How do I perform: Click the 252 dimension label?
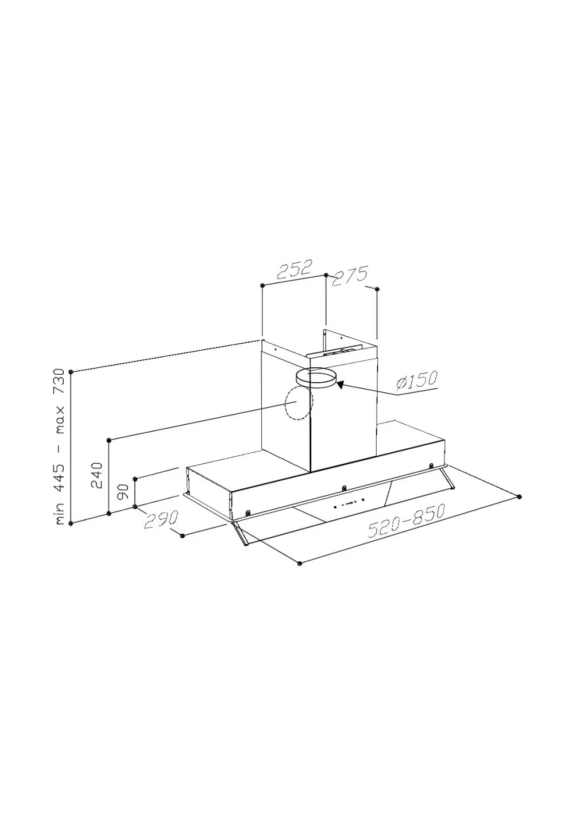[x=293, y=270]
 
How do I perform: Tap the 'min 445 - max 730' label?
[x=60, y=447]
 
